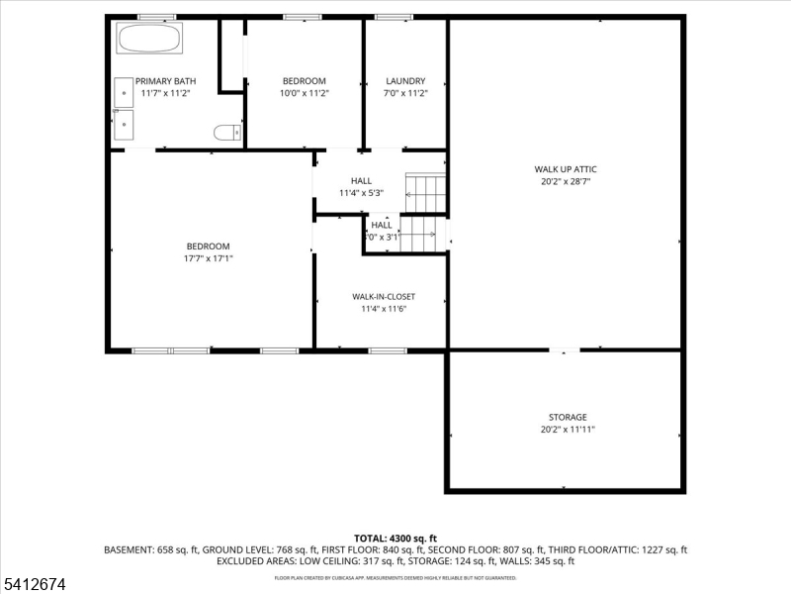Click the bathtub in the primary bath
(x=149, y=40)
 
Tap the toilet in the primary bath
(x=227, y=131)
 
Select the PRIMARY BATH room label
(x=164, y=81)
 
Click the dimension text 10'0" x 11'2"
(x=304, y=93)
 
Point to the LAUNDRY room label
(x=405, y=81)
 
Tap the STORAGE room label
(x=568, y=417)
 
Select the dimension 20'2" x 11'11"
(x=568, y=430)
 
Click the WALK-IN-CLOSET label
(x=384, y=296)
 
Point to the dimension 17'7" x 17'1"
(x=208, y=258)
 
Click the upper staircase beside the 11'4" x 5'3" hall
(x=425, y=194)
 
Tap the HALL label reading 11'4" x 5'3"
(x=361, y=180)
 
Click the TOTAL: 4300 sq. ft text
(x=395, y=538)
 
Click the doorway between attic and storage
(x=565, y=349)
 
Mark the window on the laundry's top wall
(x=394, y=17)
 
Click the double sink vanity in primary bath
(x=124, y=107)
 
